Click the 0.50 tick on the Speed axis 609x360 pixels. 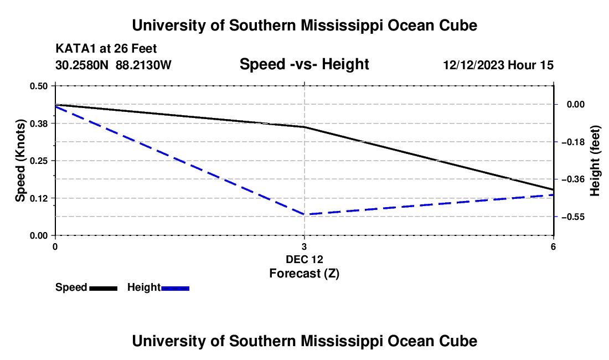[x=38, y=86]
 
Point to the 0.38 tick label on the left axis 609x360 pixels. [x=38, y=124]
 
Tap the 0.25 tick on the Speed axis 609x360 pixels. [x=38, y=161]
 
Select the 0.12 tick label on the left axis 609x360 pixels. [x=38, y=198]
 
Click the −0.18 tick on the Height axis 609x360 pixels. [x=573, y=142]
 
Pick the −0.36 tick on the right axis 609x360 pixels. [x=573, y=179]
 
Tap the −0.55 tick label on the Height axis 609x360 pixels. [x=573, y=217]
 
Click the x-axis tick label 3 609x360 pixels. [x=304, y=246]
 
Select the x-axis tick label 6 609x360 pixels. [x=553, y=246]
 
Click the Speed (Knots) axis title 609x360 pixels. [x=20, y=161]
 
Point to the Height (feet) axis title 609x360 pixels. [x=595, y=161]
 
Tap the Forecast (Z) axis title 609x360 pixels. [x=304, y=274]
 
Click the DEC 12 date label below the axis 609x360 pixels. [x=304, y=259]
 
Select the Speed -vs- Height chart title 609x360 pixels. [x=304, y=64]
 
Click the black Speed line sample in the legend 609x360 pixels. [x=104, y=288]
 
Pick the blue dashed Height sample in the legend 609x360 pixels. [x=175, y=288]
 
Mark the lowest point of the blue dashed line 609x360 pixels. [x=304, y=214]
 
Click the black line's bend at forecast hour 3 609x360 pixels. [x=304, y=127]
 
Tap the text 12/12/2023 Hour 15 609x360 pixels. [x=498, y=65]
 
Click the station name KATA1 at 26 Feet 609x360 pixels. [x=106, y=49]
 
